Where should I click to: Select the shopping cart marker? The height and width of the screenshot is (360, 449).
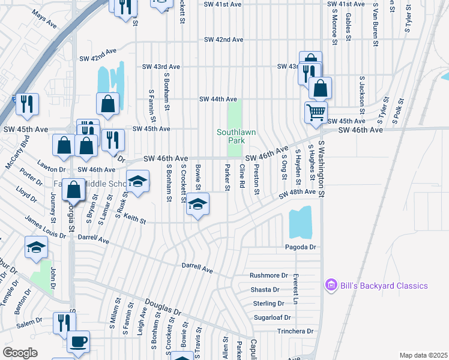click(x=316, y=111)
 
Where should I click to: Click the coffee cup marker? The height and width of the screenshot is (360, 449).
click(x=77, y=342)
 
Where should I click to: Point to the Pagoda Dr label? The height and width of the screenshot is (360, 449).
click(x=300, y=247)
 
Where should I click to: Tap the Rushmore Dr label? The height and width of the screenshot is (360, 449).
click(x=269, y=275)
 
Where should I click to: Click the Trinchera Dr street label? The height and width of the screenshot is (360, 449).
click(x=295, y=331)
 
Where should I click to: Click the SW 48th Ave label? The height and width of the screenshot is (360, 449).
click(x=297, y=193)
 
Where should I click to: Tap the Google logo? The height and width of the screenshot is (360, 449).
click(x=20, y=353)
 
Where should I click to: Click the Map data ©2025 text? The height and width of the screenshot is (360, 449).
click(x=423, y=355)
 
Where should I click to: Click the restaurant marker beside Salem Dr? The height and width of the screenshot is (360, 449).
click(x=62, y=322)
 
